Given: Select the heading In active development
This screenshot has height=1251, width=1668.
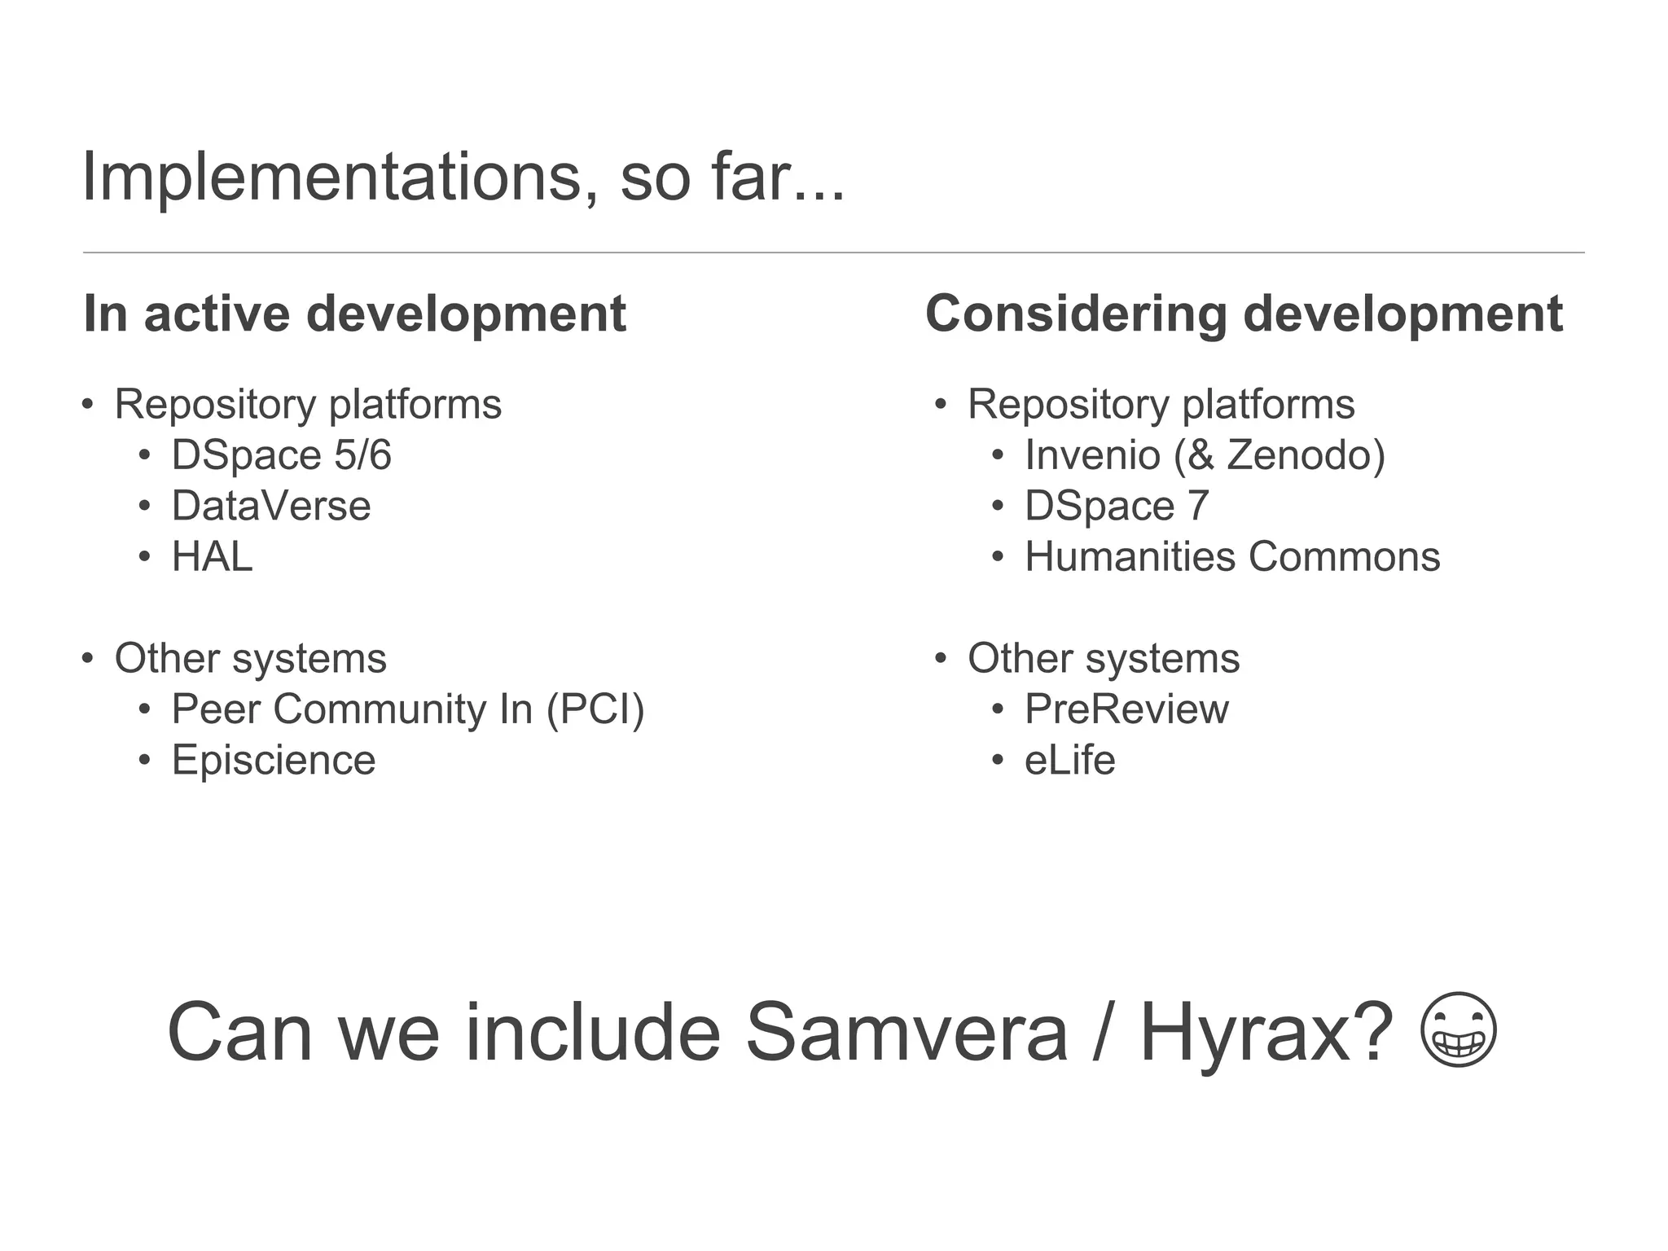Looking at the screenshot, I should (355, 314).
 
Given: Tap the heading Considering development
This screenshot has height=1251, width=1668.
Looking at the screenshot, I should (1244, 314).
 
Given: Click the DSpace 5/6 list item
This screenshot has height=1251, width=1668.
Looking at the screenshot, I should (281, 455).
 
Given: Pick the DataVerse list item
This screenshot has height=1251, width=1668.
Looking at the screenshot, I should (271, 506).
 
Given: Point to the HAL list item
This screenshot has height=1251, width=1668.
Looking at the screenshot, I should (212, 557).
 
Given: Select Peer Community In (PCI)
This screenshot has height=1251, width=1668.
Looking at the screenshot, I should (407, 709).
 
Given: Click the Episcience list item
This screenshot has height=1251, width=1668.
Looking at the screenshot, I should (274, 761).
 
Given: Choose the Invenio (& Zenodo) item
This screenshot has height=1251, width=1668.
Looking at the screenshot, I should (1205, 455).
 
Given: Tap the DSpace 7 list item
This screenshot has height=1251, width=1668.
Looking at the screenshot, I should (1117, 506).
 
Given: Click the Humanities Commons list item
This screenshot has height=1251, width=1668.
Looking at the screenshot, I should (1232, 557).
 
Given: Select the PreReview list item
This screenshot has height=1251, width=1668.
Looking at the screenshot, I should (1126, 709).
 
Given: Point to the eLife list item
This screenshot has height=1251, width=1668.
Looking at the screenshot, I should (1069, 761).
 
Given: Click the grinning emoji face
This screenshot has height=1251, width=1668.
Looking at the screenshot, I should (1458, 1029).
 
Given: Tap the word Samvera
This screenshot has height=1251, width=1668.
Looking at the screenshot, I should (906, 1033).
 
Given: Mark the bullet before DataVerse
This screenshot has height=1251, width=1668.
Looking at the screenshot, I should (144, 507).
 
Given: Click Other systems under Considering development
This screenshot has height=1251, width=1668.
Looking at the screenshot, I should (1104, 658).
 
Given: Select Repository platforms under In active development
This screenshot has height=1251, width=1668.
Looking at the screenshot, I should (308, 405).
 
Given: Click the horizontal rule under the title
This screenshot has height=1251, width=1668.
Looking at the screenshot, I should (833, 252).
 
